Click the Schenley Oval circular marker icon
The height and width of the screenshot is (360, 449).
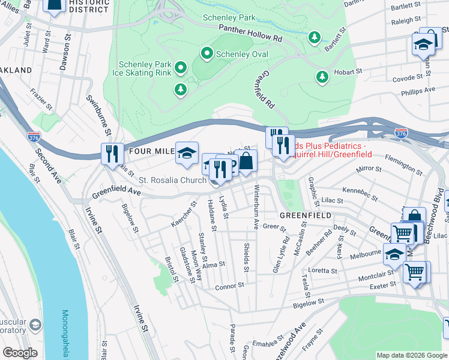click(x=208, y=54)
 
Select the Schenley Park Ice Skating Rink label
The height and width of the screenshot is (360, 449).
click(x=145, y=68)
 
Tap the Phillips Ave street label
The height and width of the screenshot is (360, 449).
click(x=418, y=90)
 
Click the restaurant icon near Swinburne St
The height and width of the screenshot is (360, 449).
click(x=111, y=154)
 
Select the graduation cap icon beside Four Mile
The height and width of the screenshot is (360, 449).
click(x=187, y=152)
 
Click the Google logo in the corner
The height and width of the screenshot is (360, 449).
click(x=20, y=353)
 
